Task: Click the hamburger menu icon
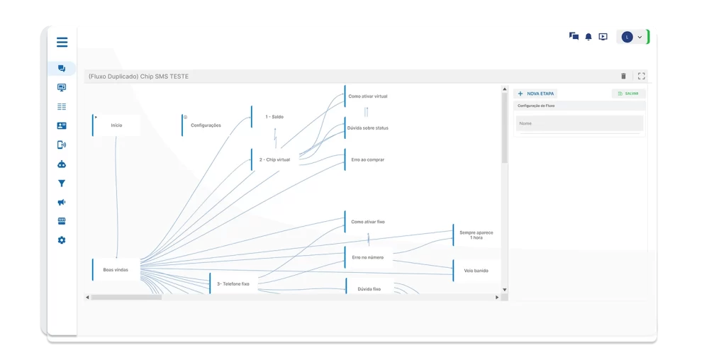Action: point(62,42)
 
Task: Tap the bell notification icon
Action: point(588,37)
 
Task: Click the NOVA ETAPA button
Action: point(536,94)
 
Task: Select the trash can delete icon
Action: point(624,76)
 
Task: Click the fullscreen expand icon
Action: point(641,76)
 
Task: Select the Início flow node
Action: point(116,125)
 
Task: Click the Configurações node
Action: point(205,125)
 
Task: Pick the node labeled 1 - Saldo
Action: point(274,117)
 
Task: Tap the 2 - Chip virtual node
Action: point(274,159)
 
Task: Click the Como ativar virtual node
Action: point(368,96)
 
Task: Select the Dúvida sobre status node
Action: point(368,128)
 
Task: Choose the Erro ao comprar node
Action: point(368,159)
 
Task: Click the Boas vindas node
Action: point(116,269)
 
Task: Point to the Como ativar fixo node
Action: point(368,222)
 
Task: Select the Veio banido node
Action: point(476,271)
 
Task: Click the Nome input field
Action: point(580,123)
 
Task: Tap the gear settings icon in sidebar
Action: point(62,240)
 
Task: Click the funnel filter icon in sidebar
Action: point(62,184)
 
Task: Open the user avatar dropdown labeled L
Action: point(632,37)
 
